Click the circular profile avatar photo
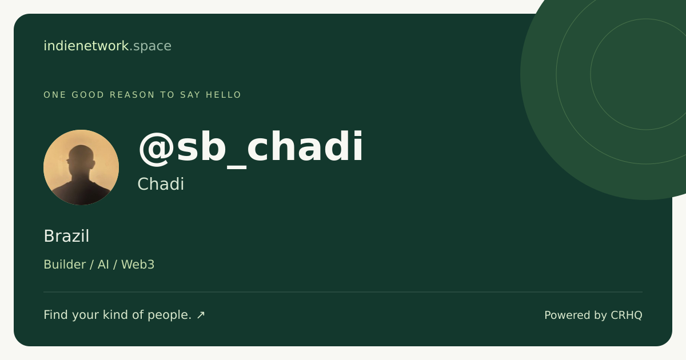pyautogui.click(x=81, y=167)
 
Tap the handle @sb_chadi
pyautogui.click(x=250, y=149)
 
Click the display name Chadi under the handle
pyautogui.click(x=161, y=184)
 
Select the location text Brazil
pyautogui.click(x=66, y=236)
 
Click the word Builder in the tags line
pyautogui.click(x=65, y=265)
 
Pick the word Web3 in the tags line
pyautogui.click(x=138, y=265)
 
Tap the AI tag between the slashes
pyautogui.click(x=103, y=265)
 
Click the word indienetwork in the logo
pyautogui.click(x=86, y=46)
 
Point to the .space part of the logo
pyautogui.click(x=150, y=46)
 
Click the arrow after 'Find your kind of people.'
pyautogui.click(x=201, y=315)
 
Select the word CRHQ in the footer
pyautogui.click(x=627, y=315)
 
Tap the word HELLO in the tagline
pyautogui.click(x=224, y=95)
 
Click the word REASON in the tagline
pyautogui.click(x=132, y=95)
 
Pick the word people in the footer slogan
pyautogui.click(x=170, y=315)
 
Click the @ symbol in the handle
pyautogui.click(x=157, y=149)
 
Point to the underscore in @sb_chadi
pyautogui.click(x=237, y=167)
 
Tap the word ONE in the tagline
pyautogui.click(x=55, y=95)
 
